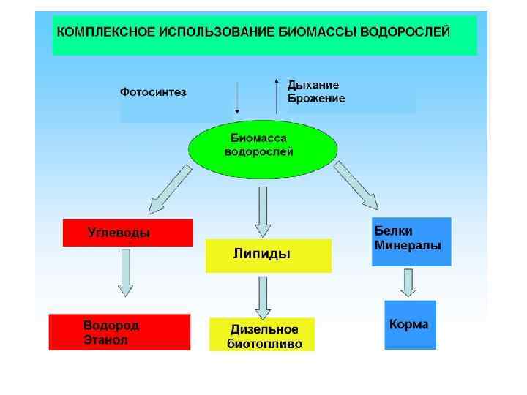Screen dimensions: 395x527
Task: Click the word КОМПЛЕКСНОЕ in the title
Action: pyautogui.click(x=101, y=32)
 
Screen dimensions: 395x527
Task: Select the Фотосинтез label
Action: pyautogui.click(x=153, y=92)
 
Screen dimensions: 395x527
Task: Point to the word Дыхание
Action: pyautogui.click(x=313, y=85)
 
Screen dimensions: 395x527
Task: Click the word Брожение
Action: pyautogui.click(x=316, y=98)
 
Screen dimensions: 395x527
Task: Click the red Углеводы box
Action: pyautogui.click(x=128, y=233)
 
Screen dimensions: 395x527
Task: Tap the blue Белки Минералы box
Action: pyautogui.click(x=411, y=241)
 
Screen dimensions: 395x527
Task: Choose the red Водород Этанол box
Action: pyautogui.click(x=119, y=331)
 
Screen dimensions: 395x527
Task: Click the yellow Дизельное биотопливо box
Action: pyautogui.click(x=262, y=334)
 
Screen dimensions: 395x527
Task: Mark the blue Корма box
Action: pyautogui.click(x=410, y=324)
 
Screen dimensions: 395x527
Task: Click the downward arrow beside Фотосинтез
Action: pyautogui.click(x=236, y=95)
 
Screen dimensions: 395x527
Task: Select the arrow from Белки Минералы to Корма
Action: pyautogui.click(x=407, y=282)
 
